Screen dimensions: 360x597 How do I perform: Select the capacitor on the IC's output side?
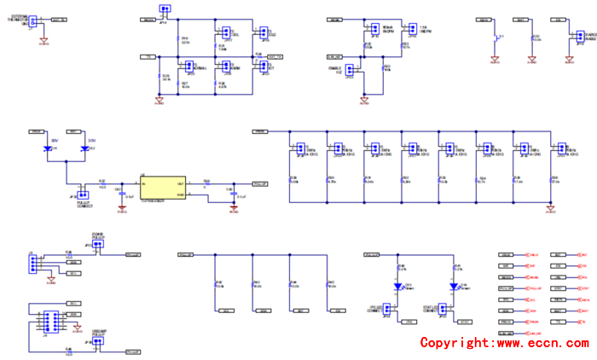pyautogui.click(x=233, y=194)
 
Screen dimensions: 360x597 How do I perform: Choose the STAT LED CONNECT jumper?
pyautogui.click(x=443, y=310)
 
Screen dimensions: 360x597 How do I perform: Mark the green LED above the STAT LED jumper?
pyautogui.click(x=455, y=286)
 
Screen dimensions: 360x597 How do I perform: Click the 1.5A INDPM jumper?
pyautogui.click(x=412, y=28)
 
